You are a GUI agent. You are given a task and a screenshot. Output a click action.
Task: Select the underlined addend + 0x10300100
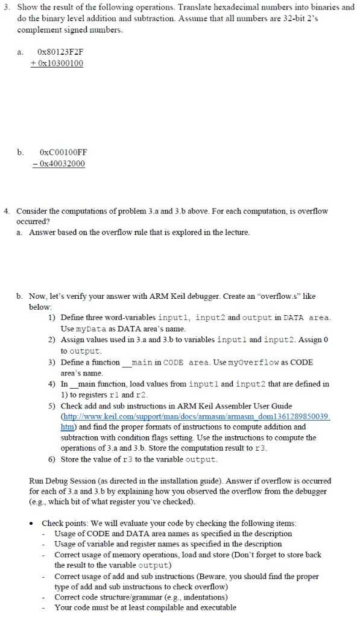[60, 63]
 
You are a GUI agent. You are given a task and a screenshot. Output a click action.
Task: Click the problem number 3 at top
[5, 7]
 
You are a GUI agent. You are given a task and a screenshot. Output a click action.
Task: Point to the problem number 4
[5, 211]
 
